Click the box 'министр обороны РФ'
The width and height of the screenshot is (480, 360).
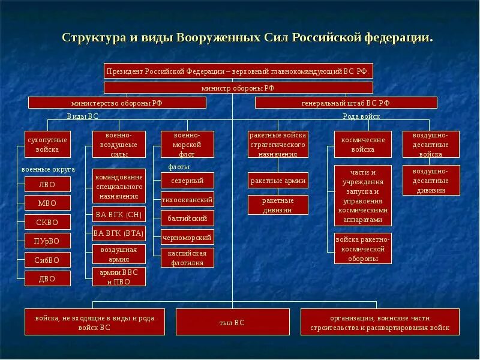238,88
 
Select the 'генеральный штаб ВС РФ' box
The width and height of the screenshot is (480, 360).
346,103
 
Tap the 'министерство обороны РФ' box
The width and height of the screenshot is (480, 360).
117,103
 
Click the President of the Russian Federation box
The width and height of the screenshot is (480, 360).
238,71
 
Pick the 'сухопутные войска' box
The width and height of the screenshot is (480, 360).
47,144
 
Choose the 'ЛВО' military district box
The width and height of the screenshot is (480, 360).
47,184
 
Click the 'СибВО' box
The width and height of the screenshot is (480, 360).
47,260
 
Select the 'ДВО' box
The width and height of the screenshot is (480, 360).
47,278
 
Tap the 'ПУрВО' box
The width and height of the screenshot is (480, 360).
47,241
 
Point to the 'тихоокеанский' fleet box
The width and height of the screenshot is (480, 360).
187,199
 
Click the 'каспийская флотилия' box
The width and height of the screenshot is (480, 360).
187,257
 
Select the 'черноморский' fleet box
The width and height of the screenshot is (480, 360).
187,237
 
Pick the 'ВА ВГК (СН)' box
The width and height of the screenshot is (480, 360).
119,214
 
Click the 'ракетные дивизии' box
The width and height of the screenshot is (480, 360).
278,205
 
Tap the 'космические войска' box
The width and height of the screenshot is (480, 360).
362,144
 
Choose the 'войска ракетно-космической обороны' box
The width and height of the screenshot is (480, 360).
362,248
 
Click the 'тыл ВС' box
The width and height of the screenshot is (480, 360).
232,322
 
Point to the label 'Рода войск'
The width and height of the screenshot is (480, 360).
361,116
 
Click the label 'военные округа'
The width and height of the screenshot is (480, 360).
48,169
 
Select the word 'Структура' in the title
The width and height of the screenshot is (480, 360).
94,37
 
